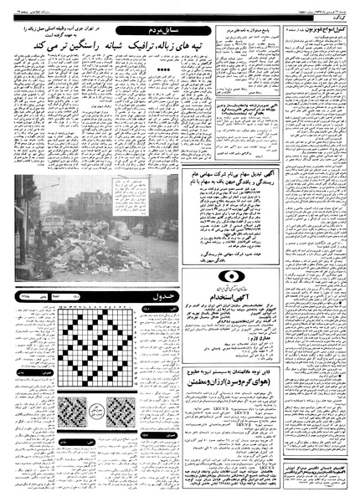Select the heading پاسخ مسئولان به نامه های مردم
click(255, 29)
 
